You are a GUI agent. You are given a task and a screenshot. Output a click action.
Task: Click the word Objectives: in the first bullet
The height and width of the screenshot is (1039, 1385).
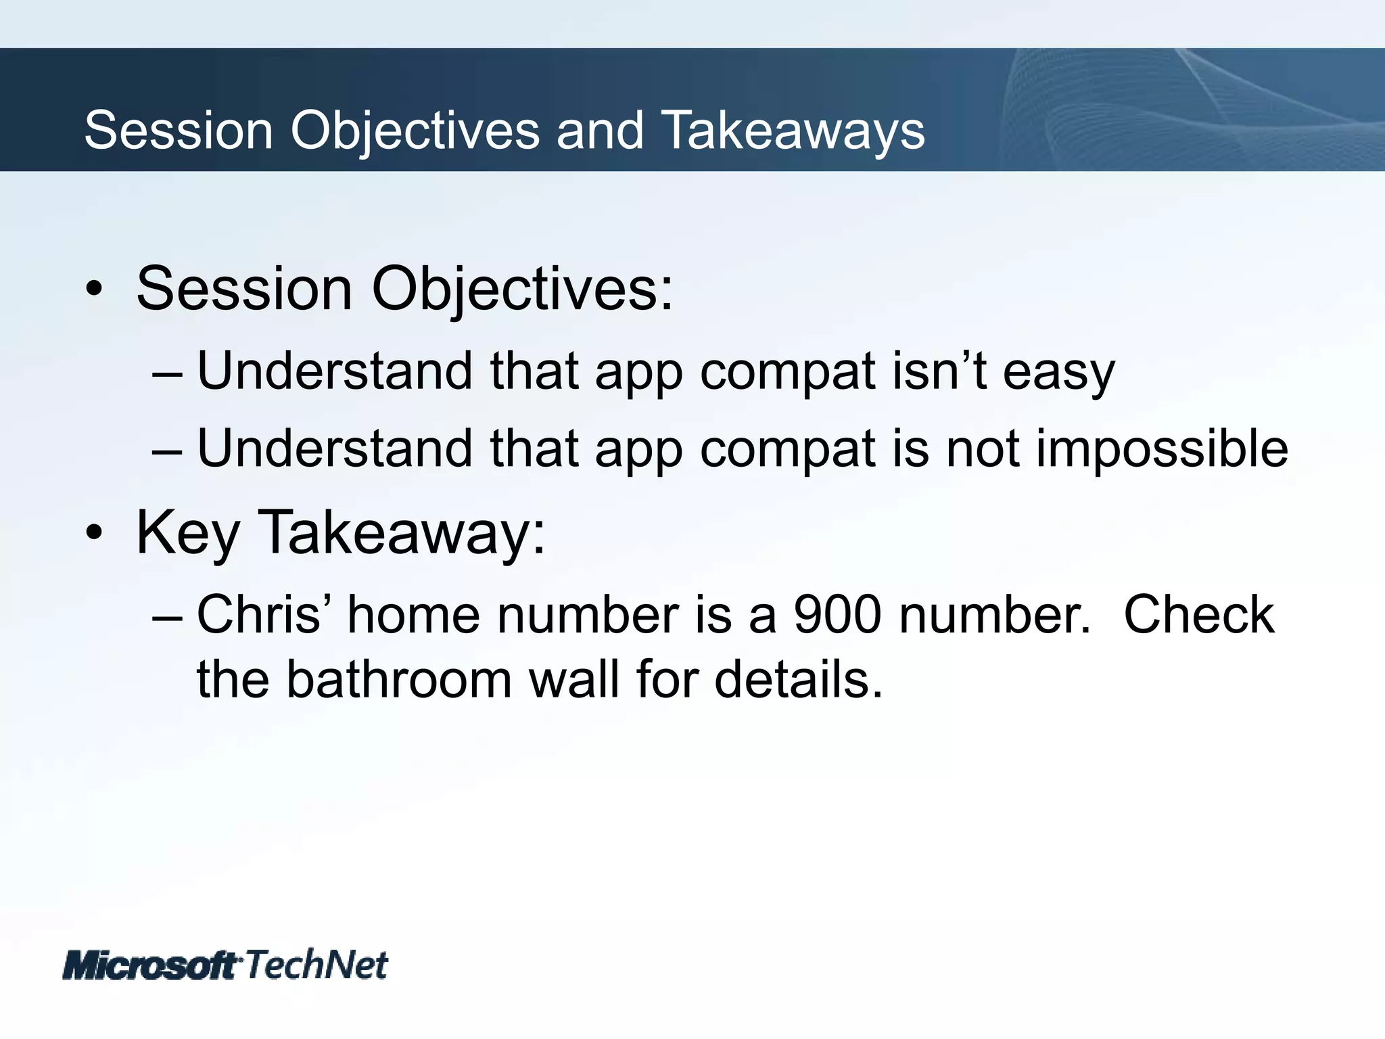(x=522, y=290)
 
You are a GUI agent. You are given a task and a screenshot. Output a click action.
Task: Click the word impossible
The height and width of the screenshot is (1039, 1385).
(x=1161, y=449)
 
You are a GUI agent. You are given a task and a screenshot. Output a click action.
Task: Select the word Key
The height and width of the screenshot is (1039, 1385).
(x=187, y=534)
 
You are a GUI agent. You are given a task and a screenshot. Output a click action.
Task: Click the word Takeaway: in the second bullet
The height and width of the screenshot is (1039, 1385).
(x=402, y=534)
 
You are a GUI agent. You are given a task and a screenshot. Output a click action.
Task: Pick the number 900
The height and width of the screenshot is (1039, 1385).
(x=837, y=615)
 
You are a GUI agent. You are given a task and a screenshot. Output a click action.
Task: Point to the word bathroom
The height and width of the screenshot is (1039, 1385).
(x=399, y=679)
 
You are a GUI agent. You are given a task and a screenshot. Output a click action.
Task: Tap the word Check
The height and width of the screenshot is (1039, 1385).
(x=1198, y=615)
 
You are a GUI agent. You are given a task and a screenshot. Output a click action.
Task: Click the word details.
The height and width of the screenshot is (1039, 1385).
(x=799, y=679)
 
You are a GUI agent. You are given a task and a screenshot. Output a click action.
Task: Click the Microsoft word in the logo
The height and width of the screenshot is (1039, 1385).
(x=150, y=965)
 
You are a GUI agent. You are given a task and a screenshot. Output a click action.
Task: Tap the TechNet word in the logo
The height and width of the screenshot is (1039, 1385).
(x=316, y=964)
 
